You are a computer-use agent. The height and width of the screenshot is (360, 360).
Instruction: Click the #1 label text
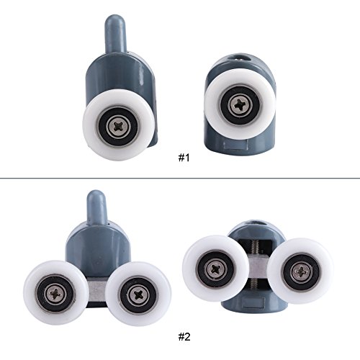click(x=184, y=158)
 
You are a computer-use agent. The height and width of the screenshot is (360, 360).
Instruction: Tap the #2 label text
click(x=184, y=337)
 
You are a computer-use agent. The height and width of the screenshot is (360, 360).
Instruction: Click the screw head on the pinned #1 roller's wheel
click(x=119, y=125)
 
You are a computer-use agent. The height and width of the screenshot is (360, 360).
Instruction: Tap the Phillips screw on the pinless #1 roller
click(x=240, y=104)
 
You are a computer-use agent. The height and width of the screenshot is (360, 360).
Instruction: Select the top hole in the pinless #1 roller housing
click(x=240, y=58)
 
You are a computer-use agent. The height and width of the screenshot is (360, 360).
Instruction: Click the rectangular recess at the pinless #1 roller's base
click(x=235, y=145)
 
